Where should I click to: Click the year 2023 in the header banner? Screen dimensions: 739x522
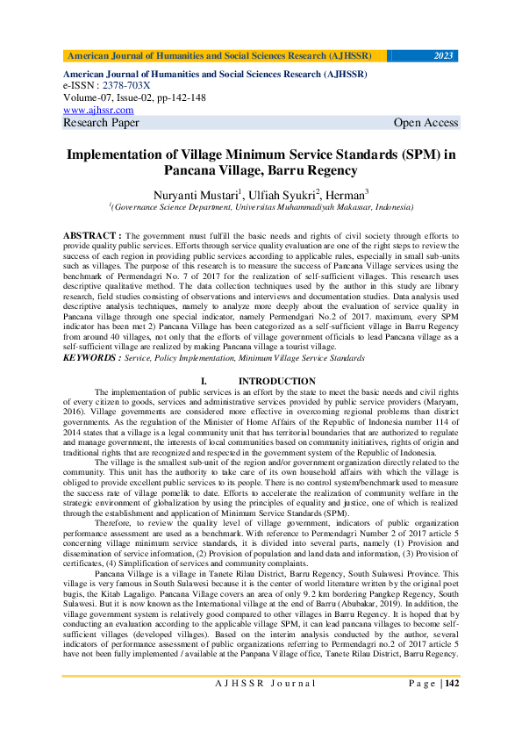pos(444,56)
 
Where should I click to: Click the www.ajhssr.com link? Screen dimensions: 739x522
pos(98,111)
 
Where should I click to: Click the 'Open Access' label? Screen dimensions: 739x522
pos(425,123)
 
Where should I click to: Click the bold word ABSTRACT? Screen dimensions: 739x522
pos(92,237)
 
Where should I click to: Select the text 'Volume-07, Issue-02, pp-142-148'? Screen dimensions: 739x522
pos(134,98)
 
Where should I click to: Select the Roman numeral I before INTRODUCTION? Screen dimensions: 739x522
pos(204,381)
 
